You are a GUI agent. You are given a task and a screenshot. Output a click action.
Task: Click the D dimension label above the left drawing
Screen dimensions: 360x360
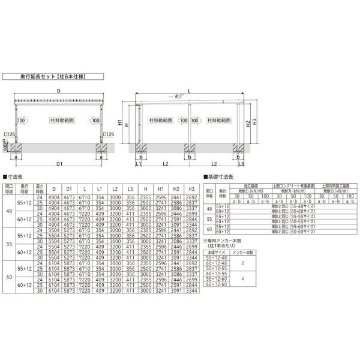pos(58,91)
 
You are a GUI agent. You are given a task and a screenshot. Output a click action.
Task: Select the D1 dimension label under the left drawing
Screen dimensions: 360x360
pos(59,163)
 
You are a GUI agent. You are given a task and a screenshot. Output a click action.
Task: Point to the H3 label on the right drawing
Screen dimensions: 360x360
pos(255,122)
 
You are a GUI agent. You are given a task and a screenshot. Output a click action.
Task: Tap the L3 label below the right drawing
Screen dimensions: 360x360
pos(241,163)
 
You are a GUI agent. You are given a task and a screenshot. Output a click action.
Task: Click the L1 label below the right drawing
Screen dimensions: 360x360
pos(139,163)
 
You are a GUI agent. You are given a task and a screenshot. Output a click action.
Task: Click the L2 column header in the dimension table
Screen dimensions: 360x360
pos(115,189)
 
